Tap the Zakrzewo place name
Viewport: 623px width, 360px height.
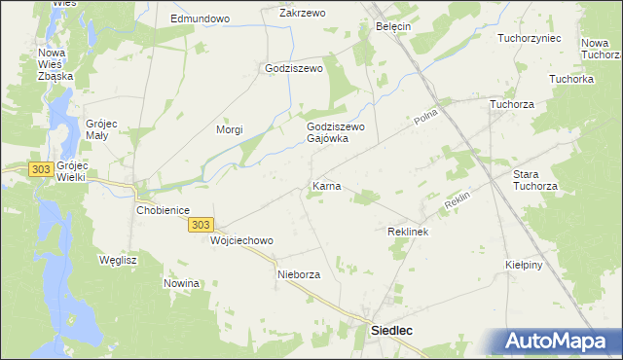[302, 13]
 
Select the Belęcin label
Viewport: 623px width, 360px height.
[393, 27]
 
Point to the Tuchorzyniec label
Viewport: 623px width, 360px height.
[529, 38]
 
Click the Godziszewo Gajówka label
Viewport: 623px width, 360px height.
[335, 132]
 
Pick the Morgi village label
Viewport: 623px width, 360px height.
[229, 129]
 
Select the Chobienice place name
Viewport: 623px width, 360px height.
[162, 209]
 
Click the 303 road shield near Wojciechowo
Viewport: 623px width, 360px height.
[199, 225]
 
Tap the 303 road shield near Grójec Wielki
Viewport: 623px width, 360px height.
[40, 169]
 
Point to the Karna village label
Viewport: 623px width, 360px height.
[326, 185]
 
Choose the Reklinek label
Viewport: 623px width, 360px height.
[408, 233]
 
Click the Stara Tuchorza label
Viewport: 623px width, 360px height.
[535, 180]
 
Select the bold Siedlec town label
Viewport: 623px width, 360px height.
[392, 331]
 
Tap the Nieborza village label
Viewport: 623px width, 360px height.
[298, 274]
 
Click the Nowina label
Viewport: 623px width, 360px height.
[182, 283]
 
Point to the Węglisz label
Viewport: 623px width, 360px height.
[118, 260]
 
